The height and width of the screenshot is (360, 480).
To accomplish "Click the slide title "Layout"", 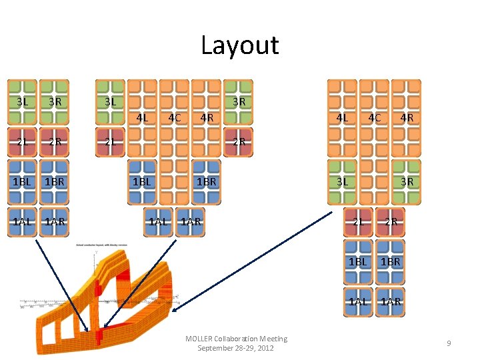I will tap(240, 45).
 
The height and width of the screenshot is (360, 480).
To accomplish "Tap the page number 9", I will tap(449, 343).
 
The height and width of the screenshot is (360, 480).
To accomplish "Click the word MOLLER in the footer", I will tap(199, 339).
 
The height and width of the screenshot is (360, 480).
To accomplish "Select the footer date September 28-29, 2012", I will tap(235, 348).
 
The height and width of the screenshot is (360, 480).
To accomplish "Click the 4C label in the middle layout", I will tap(174, 118).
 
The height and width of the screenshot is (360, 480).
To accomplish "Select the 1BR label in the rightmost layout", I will tap(391, 261).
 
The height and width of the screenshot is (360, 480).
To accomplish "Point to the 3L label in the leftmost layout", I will tap(23, 102).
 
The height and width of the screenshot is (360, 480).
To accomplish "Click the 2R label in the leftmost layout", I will tap(55, 141).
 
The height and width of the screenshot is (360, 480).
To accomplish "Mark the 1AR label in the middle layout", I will tap(191, 221).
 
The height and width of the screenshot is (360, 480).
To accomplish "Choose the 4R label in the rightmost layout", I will tap(406, 118).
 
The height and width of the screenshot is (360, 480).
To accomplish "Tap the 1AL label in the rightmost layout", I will tap(358, 301).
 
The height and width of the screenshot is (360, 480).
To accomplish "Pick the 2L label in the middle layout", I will tap(111, 141).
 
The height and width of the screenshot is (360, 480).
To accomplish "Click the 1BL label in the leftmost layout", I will tap(23, 181).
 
